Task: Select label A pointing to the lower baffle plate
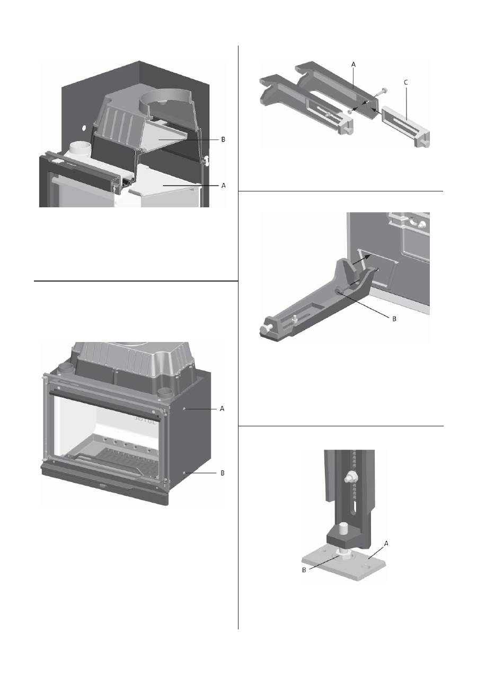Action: pyautogui.click(x=223, y=186)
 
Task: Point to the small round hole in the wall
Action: pyautogui.click(x=84, y=128)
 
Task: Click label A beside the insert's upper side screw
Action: pyautogui.click(x=222, y=409)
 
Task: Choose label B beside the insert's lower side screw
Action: pyautogui.click(x=222, y=472)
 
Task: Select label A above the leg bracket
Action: pyautogui.click(x=354, y=63)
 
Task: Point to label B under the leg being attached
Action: pyautogui.click(x=393, y=320)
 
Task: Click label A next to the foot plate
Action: pyautogui.click(x=386, y=543)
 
